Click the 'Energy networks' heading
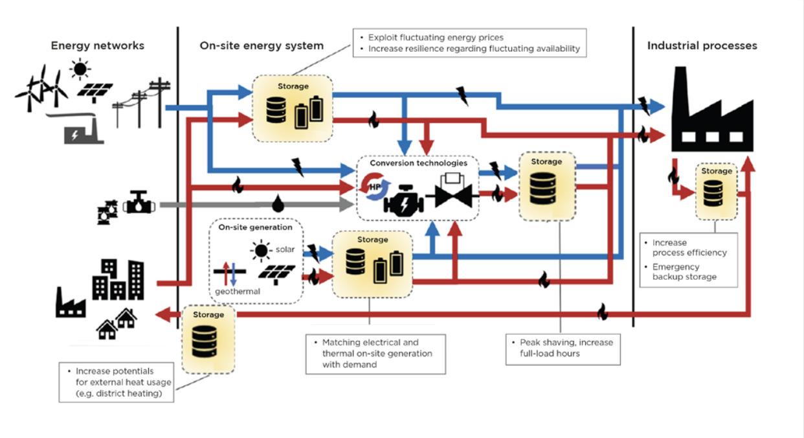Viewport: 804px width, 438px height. [x=98, y=46]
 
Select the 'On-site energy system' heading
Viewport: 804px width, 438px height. [x=262, y=46]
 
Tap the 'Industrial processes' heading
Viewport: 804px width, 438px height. [x=702, y=46]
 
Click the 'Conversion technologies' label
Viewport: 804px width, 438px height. [x=418, y=163]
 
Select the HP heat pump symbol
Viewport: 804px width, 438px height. [x=374, y=189]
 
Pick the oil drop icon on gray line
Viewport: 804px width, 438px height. [x=278, y=204]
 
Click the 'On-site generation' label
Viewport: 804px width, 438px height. [x=255, y=227]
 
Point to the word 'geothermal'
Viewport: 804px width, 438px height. [x=238, y=291]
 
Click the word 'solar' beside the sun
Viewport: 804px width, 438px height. [x=285, y=249]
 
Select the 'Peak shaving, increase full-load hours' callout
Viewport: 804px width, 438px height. [x=563, y=348]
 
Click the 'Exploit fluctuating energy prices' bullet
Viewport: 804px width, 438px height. [x=436, y=38]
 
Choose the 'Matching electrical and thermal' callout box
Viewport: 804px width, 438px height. [x=375, y=353]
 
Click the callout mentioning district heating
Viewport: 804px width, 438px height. [x=117, y=382]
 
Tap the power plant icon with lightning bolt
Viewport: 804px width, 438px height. [x=82, y=132]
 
